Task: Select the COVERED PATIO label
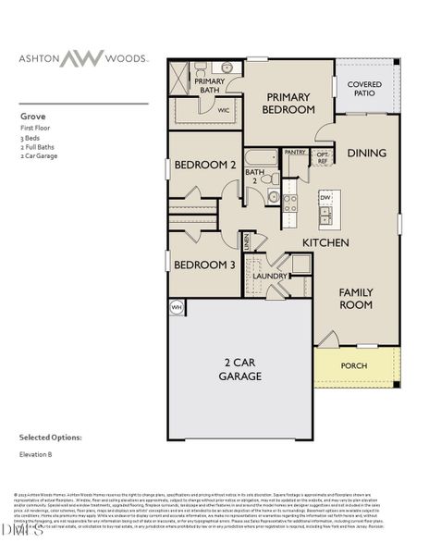(x=363, y=90)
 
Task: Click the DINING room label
(x=366, y=153)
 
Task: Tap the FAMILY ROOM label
(x=355, y=299)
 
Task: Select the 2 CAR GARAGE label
(x=239, y=369)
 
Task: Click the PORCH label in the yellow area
(x=354, y=366)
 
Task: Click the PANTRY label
(x=295, y=152)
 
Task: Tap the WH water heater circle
(x=176, y=307)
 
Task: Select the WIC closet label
(x=222, y=109)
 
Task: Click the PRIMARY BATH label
(x=210, y=86)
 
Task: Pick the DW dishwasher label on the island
(x=325, y=198)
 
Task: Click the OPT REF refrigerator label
(x=323, y=157)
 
